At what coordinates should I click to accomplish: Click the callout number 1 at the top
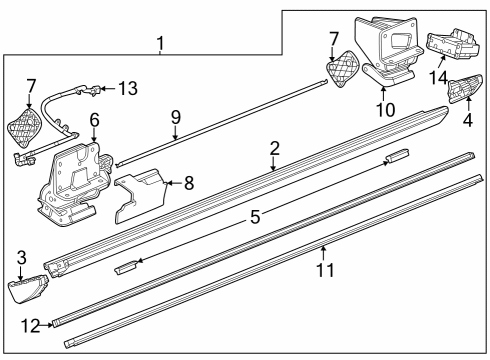tap(160, 43)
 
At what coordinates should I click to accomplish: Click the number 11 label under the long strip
tap(322, 269)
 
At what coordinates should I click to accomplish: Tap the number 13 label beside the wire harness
tap(127, 88)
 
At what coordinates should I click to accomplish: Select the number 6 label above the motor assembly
tap(94, 119)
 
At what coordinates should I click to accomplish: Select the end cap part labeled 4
tap(462, 93)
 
